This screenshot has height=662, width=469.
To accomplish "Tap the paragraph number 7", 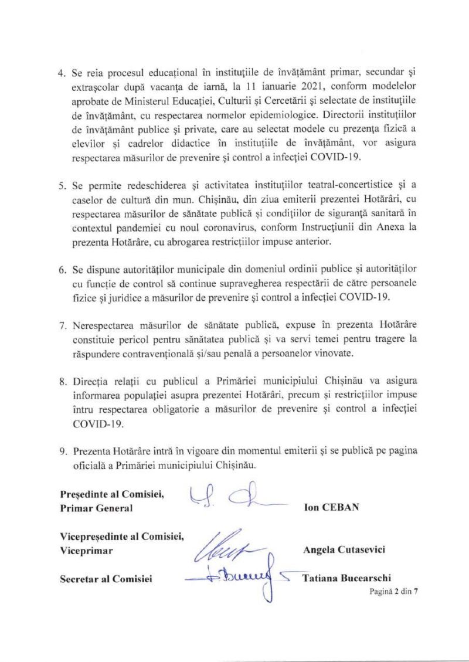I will tap(63, 325).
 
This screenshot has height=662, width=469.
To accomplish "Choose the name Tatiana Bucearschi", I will tap(346, 578).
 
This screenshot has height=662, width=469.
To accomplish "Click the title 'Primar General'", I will tap(96, 508).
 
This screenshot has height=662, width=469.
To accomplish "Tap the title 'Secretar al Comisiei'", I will tap(106, 579).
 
